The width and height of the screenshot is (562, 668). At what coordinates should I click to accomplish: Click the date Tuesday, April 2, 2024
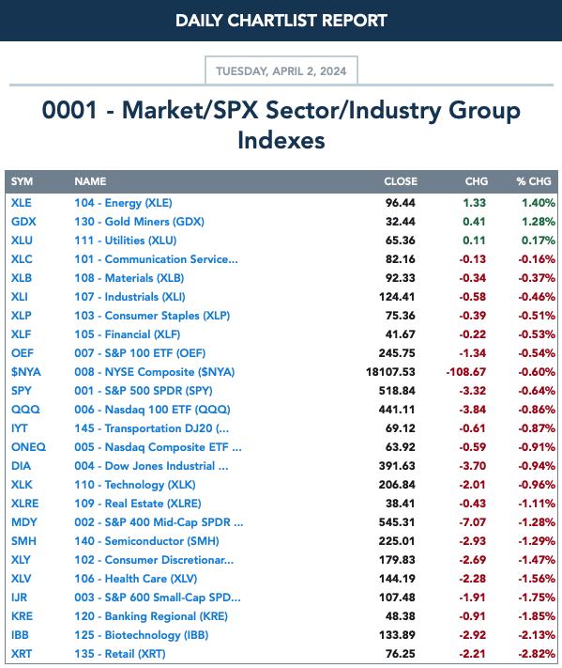(x=281, y=70)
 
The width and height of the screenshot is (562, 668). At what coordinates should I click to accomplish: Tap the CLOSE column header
(x=401, y=181)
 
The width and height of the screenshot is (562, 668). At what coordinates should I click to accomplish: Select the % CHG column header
(x=534, y=181)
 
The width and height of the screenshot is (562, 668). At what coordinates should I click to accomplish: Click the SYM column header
(x=22, y=181)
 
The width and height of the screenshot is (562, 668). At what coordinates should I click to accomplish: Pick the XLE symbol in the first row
(x=22, y=203)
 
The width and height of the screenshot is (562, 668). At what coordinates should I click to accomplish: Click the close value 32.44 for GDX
(x=400, y=222)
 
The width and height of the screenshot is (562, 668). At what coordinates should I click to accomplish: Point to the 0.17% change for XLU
(x=539, y=241)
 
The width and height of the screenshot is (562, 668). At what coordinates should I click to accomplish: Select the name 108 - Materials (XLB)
(x=129, y=278)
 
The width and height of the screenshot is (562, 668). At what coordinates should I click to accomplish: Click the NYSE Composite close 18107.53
(x=390, y=372)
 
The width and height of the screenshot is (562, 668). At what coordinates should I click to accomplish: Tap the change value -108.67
(x=466, y=372)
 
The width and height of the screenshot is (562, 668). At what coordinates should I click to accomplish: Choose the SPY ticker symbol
(x=22, y=391)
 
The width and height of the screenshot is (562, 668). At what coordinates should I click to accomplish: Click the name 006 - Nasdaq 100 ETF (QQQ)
(x=152, y=410)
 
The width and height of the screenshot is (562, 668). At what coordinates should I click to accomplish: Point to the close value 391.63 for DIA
(x=397, y=466)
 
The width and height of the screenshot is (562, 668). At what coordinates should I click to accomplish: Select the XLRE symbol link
(x=24, y=504)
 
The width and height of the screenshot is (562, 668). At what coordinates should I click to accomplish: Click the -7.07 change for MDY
(x=472, y=521)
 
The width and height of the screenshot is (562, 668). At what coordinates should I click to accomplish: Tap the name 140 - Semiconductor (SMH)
(x=146, y=541)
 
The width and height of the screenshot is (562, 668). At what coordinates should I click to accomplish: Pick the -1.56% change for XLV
(x=537, y=579)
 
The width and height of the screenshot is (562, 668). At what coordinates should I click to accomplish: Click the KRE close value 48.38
(x=400, y=616)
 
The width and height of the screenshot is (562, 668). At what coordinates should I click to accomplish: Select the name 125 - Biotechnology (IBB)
(x=142, y=635)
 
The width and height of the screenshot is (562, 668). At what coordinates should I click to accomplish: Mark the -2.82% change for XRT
(x=537, y=654)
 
